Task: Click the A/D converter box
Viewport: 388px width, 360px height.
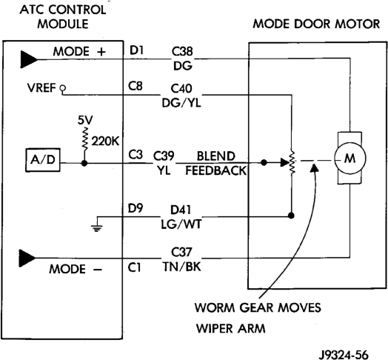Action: pos(43,160)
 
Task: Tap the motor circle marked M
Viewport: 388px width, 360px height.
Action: pos(350,158)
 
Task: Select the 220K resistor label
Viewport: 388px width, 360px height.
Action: pos(105,141)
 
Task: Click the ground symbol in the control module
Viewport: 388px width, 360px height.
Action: pos(96,228)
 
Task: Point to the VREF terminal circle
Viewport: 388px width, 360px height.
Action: pos(63,87)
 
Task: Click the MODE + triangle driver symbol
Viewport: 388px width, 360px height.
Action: pos(29,59)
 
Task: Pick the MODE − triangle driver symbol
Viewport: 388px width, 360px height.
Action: pos(27,259)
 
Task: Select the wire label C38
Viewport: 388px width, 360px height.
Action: pos(182,52)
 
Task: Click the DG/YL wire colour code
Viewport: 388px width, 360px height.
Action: pos(181,103)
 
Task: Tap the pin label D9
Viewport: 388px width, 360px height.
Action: pos(136,208)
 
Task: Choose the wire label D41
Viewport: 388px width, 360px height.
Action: pos(181,210)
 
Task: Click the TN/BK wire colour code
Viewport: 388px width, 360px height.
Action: pos(182,267)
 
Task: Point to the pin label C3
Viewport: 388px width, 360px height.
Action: pos(136,155)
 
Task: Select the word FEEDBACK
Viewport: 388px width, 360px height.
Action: pos(215,170)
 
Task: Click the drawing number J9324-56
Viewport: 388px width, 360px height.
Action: pos(344,355)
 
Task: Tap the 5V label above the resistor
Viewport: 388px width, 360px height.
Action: pos(85,121)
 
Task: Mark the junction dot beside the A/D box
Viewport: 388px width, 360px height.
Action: pos(84,164)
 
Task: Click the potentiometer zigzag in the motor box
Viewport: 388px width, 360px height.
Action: pos(292,162)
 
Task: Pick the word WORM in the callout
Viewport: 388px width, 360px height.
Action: pos(215,307)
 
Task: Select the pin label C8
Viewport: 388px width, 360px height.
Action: pos(135,87)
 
